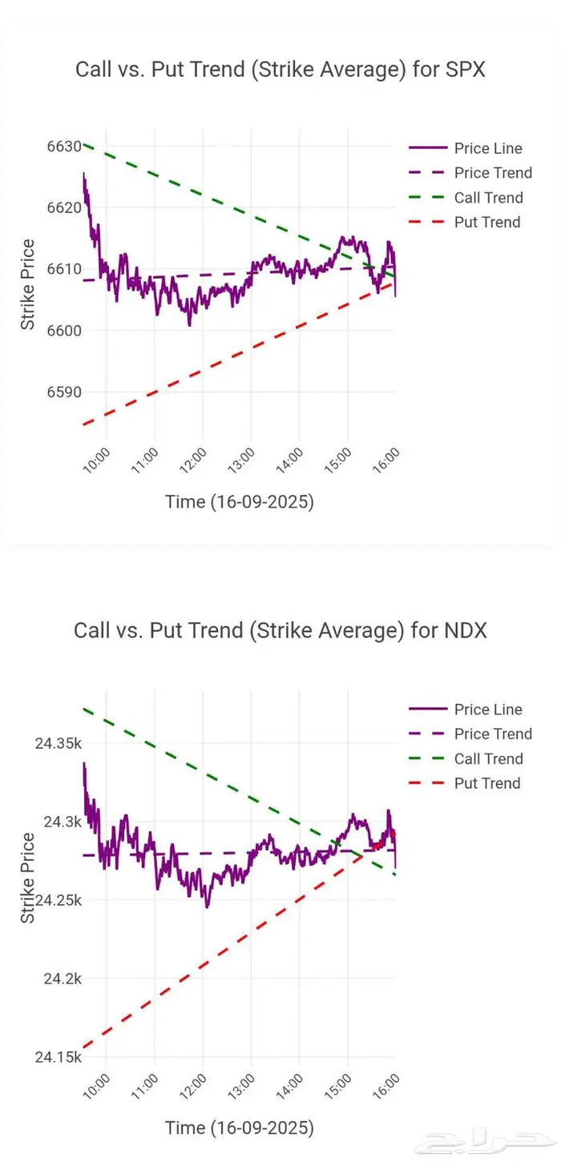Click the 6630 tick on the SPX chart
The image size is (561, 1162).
pos(63,147)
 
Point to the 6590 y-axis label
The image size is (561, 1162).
pos(63,392)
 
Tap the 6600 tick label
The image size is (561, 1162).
pos(63,330)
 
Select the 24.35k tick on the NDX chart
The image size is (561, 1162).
pos(58,743)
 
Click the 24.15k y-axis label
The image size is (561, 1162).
pos(58,1057)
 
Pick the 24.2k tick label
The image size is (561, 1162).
pos(62,979)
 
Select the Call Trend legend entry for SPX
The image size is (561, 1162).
pos(488,198)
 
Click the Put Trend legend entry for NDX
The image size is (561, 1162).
pos(487,783)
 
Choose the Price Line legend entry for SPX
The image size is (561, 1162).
pos(488,148)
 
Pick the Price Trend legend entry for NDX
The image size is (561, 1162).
pos(493,734)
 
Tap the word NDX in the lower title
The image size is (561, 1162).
pos(465,630)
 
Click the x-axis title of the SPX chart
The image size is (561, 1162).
pos(240,502)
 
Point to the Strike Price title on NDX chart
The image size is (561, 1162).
pos(28,877)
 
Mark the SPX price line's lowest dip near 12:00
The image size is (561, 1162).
pos(190,324)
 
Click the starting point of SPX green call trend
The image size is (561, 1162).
pos(84,145)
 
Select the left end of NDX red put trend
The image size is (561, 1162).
pos(84,1046)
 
